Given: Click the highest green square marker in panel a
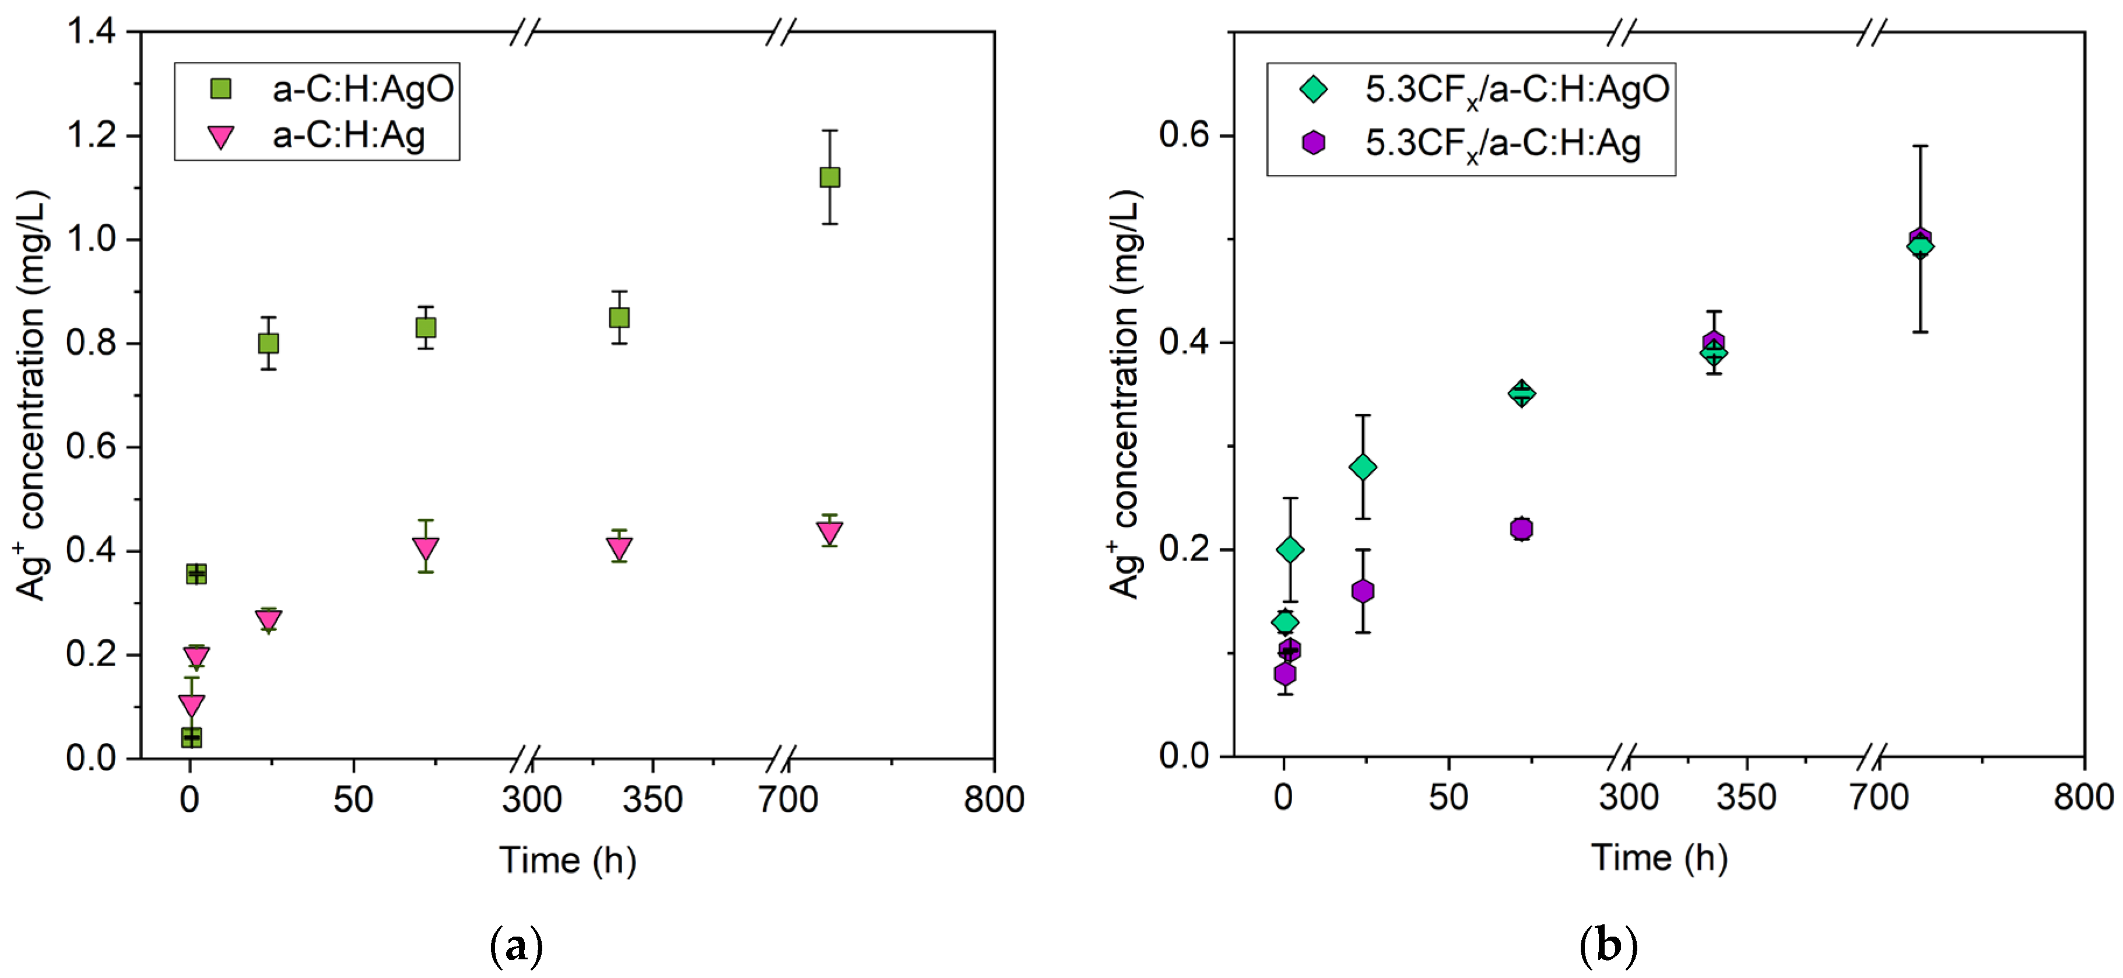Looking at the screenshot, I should click(x=829, y=177).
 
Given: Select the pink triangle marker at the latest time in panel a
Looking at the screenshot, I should click(x=829, y=532).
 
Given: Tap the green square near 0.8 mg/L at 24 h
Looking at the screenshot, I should click(x=268, y=343).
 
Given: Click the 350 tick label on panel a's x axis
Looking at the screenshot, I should click(x=652, y=799).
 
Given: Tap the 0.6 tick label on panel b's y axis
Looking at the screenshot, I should click(x=1184, y=135).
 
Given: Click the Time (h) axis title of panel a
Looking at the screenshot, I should click(x=568, y=860).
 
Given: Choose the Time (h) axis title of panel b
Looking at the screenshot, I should click(x=1658, y=858).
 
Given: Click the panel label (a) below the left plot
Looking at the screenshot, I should click(x=517, y=947).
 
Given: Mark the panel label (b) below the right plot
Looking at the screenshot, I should click(x=1608, y=947).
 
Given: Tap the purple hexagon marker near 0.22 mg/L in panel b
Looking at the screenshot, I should click(x=1521, y=528).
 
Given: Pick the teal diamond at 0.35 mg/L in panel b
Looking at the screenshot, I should click(x=1521, y=393).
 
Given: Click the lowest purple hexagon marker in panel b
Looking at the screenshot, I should click(x=1284, y=674).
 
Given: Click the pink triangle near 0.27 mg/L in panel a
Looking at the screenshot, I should click(x=268, y=620).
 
